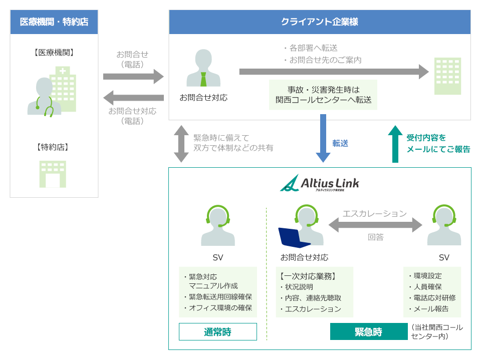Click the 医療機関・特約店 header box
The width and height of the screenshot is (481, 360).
54,22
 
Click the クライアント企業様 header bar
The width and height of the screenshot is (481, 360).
320,22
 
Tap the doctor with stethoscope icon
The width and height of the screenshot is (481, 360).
45,97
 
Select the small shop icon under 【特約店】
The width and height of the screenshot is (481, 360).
53,174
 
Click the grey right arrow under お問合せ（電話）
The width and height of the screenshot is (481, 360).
133,76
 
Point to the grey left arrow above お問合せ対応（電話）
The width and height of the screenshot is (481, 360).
133,98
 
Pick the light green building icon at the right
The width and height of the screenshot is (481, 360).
447,76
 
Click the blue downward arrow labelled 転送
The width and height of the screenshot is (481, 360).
323,138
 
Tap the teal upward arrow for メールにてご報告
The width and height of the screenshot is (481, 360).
395,144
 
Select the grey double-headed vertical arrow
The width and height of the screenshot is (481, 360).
181,144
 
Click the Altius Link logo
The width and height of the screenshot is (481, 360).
320,183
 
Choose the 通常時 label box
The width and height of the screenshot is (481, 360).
217,331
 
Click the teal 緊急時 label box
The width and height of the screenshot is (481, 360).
368,331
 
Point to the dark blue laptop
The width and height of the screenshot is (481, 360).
294,238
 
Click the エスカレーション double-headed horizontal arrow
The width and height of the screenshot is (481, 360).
375,225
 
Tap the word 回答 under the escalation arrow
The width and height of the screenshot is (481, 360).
375,237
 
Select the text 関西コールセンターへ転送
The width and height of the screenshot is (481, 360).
323,100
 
